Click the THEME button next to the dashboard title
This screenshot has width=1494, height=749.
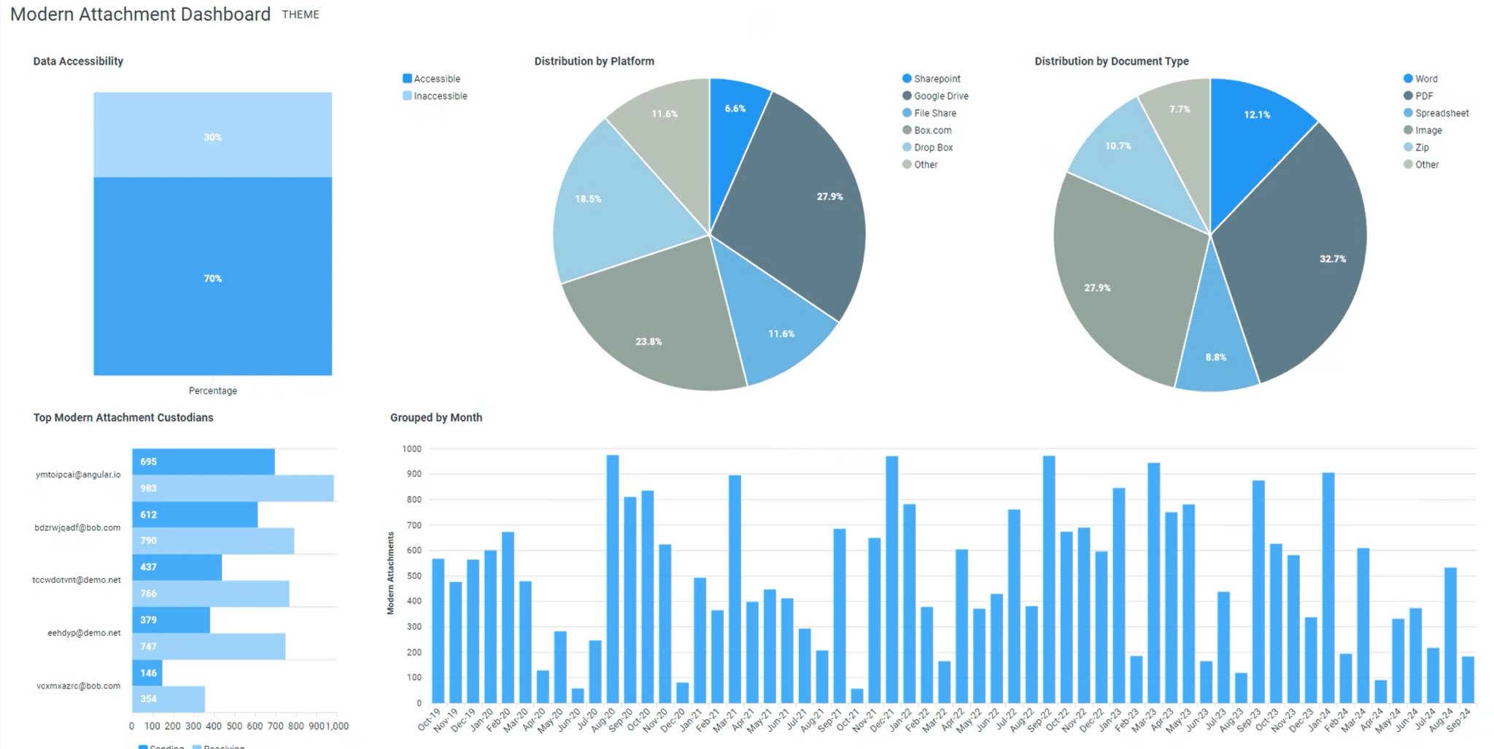click(x=301, y=15)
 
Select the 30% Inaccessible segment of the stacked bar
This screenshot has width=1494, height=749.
click(x=212, y=135)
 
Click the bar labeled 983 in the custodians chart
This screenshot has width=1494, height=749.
click(x=233, y=489)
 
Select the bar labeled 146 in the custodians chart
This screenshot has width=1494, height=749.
click(x=147, y=672)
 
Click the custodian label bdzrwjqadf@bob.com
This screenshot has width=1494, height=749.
click(x=77, y=527)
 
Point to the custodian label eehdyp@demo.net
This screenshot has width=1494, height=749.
click(x=84, y=633)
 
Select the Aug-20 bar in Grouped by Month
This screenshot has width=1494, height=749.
click(x=613, y=580)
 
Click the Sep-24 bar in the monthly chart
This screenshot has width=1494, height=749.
click(x=1468, y=680)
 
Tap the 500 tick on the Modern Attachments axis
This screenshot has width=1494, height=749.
click(x=414, y=576)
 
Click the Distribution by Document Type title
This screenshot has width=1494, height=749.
click(x=1111, y=61)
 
